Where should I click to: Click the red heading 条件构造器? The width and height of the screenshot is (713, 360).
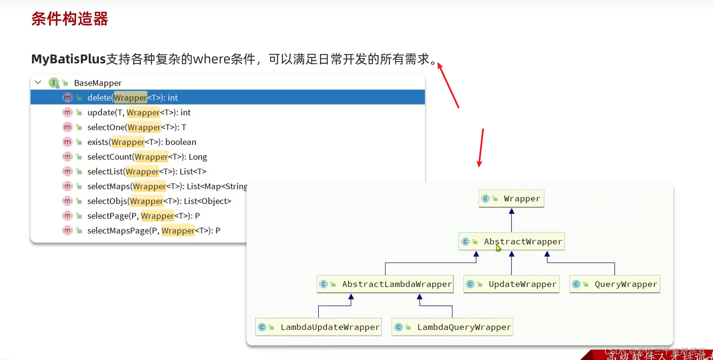pyautogui.click(x=70, y=19)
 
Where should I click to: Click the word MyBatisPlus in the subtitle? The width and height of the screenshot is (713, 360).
pyautogui.click(x=69, y=59)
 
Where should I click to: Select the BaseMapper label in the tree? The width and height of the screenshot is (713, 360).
pyautogui.click(x=98, y=83)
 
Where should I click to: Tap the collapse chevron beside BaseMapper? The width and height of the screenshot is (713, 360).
pyautogui.click(x=38, y=83)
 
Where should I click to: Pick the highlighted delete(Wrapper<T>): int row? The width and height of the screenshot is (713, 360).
pyautogui.click(x=132, y=97)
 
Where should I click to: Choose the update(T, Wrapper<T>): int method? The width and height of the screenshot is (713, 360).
pyautogui.click(x=139, y=113)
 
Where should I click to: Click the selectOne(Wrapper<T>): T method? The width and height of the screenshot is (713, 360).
pyautogui.click(x=136, y=128)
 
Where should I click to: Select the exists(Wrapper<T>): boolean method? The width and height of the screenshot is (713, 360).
pyautogui.click(x=142, y=142)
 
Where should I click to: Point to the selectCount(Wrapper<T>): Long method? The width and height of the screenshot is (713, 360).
pyautogui.click(x=147, y=157)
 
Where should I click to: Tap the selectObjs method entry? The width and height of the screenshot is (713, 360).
pyautogui.click(x=159, y=201)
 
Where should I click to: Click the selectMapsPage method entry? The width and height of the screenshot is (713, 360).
pyautogui.click(x=153, y=231)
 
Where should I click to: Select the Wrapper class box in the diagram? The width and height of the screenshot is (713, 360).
pyautogui.click(x=511, y=199)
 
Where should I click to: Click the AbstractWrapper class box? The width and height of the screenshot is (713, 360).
pyautogui.click(x=511, y=242)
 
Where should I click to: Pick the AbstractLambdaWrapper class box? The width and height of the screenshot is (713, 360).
pyautogui.click(x=385, y=284)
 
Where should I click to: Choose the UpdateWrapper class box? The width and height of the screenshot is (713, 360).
pyautogui.click(x=511, y=284)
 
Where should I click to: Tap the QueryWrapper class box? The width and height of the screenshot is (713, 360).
pyautogui.click(x=615, y=284)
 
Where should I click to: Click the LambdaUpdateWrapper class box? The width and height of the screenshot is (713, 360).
pyautogui.click(x=319, y=327)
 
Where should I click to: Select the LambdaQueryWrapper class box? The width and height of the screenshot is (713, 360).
pyautogui.click(x=452, y=327)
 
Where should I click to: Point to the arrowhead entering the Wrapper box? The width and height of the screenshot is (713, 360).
pyautogui.click(x=511, y=211)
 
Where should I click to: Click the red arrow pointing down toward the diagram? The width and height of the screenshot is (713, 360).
pyautogui.click(x=481, y=149)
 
